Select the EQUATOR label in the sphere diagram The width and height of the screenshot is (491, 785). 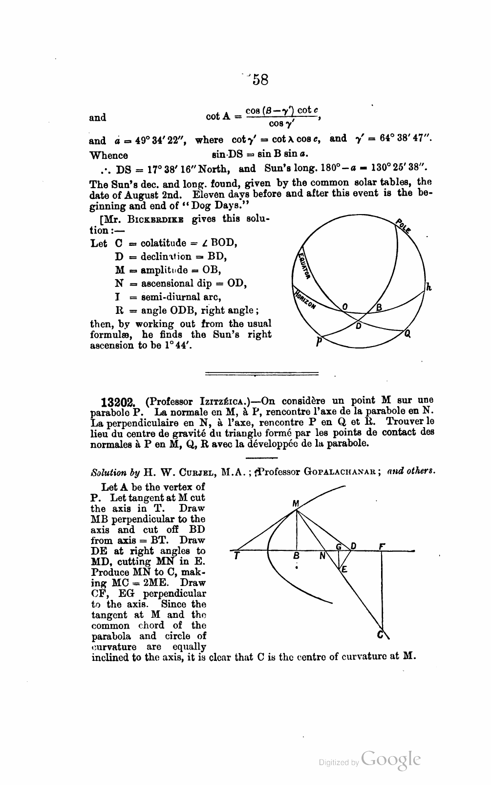click(x=303, y=266)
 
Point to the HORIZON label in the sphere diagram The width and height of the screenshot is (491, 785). click(x=305, y=299)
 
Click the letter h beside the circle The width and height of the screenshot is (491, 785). click(x=428, y=287)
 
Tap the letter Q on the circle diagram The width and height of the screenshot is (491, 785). click(x=407, y=335)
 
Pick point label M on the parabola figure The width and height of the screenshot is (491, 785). click(x=295, y=503)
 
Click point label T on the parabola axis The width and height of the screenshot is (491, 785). click(x=236, y=556)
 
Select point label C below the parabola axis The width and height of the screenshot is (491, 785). click(x=380, y=635)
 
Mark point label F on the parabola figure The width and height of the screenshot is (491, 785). click(x=382, y=545)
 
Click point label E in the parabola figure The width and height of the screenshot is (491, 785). click(x=344, y=569)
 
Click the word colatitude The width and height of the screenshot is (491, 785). click(x=164, y=243)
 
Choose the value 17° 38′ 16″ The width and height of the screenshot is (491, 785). click(x=169, y=170)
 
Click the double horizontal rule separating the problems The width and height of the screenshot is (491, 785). click(x=261, y=374)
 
